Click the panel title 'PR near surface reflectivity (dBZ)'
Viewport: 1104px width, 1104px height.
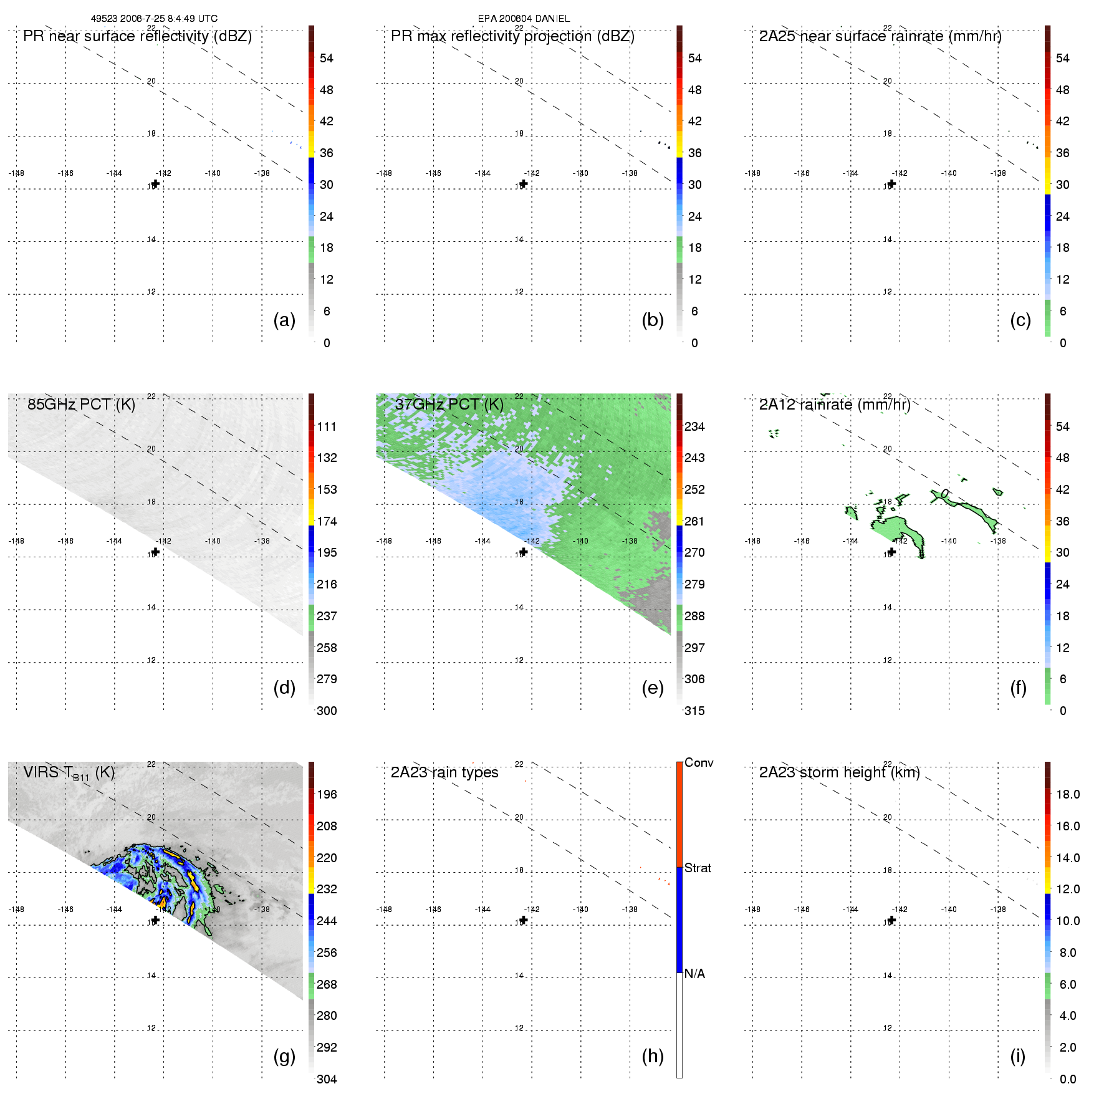point(137,36)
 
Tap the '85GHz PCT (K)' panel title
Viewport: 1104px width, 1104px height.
point(81,405)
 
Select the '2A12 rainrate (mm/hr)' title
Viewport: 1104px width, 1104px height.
point(835,405)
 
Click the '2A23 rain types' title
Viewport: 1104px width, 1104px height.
point(444,772)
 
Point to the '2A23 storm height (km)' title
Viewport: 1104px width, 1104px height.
point(839,772)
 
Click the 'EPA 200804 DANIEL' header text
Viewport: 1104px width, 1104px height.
point(524,19)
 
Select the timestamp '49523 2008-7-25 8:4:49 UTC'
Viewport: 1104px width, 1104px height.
point(154,19)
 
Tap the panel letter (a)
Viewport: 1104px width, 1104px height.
point(284,320)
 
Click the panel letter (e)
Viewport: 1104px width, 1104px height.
point(653,688)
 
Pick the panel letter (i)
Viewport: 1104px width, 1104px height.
point(1018,1056)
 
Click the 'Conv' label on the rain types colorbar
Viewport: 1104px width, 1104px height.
point(699,762)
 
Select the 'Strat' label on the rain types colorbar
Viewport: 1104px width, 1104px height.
point(698,868)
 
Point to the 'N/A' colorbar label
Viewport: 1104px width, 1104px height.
point(694,974)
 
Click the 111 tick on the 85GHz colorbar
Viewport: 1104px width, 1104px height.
point(327,426)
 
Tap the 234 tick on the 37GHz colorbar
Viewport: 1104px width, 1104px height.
point(694,426)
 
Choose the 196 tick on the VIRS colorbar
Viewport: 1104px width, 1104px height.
point(327,794)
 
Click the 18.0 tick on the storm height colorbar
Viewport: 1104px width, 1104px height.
point(1068,794)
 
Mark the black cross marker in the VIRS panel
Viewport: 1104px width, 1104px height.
point(156,920)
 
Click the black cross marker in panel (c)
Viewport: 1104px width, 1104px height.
point(892,184)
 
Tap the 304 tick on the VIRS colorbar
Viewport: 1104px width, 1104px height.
point(327,1079)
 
